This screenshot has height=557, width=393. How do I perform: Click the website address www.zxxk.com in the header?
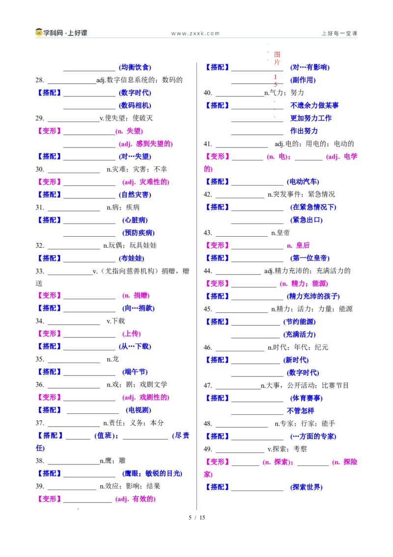pos(196,33)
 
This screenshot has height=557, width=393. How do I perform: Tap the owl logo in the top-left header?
pos(39,32)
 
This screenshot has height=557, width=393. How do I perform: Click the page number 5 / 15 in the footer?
pos(197,518)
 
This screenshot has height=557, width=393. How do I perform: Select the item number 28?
pos(40,80)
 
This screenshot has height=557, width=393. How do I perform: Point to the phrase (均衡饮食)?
pos(135,67)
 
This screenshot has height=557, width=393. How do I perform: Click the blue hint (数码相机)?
pos(135,105)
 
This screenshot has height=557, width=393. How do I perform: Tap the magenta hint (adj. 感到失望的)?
pos(146,144)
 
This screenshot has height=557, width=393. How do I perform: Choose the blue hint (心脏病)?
pos(135,220)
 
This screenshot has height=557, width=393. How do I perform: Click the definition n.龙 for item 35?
pos(113,359)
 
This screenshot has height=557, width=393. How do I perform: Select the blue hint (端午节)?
pos(135,372)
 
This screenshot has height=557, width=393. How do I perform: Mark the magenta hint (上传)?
pos(132,334)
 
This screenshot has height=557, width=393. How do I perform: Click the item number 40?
pos(208,93)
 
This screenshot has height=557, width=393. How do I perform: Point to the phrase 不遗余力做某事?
pos(314,105)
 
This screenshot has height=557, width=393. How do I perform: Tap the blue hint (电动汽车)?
pos(303,182)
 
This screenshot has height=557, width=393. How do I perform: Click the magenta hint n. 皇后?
pos(298,246)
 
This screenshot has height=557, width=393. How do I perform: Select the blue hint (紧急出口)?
pos(307,220)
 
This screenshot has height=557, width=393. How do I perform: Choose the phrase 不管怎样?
pos(301,411)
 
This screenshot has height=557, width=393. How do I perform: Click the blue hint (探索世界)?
pos(307,487)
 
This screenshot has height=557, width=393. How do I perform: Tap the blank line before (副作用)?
pos(257,84)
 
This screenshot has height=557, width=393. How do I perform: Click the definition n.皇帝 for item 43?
pos(281,233)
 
